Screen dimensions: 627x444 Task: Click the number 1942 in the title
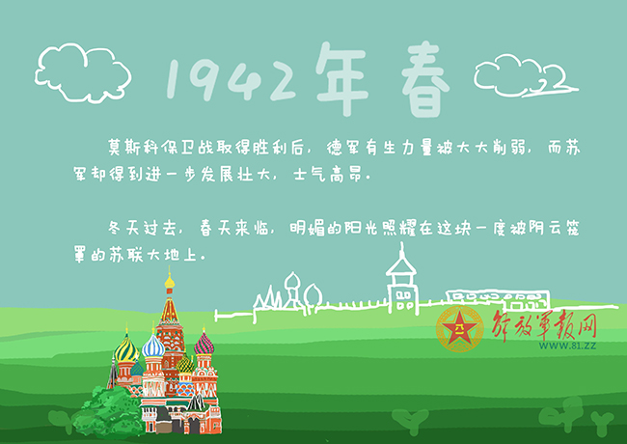coord(232,80)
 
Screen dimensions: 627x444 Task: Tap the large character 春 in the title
coord(425,80)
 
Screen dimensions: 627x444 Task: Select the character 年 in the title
coord(341,79)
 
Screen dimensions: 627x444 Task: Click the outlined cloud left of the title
coord(83,72)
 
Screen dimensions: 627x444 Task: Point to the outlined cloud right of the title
coord(526,77)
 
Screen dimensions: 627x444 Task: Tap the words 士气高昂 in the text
coord(328,174)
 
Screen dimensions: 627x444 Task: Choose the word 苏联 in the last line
coord(126,255)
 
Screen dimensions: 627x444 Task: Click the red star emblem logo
coord(460,329)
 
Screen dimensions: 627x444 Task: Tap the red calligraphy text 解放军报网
coord(544,325)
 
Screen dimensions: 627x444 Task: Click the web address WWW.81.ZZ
coord(567,346)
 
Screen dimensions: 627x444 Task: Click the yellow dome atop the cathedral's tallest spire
coord(170,281)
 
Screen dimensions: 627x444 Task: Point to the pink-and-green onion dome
coord(204,344)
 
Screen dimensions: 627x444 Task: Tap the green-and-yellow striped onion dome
coord(125,349)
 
